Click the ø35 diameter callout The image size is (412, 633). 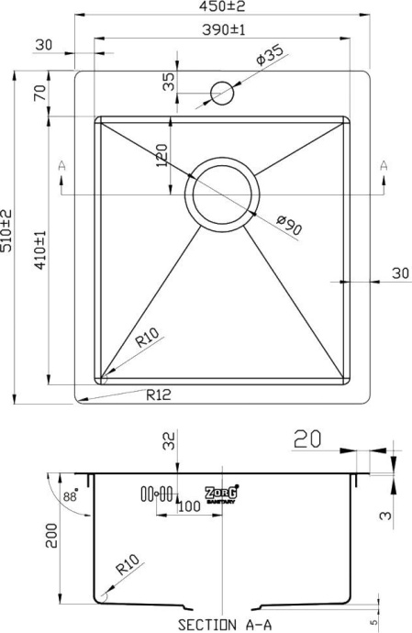click(x=268, y=58)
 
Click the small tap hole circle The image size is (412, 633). click(x=223, y=93)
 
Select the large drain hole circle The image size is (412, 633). click(x=221, y=194)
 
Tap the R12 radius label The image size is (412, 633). click(x=159, y=395)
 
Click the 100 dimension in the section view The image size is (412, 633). click(x=191, y=505)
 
